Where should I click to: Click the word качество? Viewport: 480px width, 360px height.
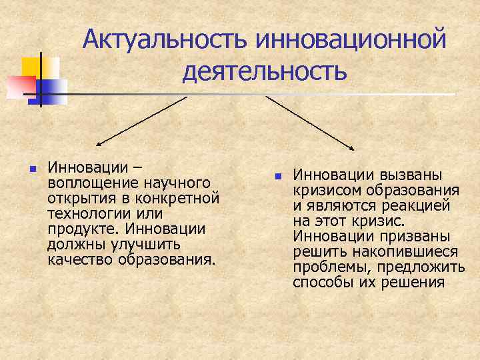(80, 259)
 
